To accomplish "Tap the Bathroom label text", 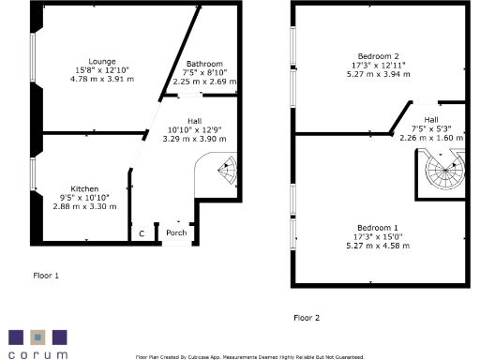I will (x=204, y=63).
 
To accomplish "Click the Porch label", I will (x=175, y=232).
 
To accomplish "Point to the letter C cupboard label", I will (x=142, y=232).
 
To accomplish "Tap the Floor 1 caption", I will (x=46, y=276).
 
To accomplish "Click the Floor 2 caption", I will (x=307, y=318).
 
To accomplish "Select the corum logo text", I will (x=37, y=355).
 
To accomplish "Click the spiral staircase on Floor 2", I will (x=444, y=172).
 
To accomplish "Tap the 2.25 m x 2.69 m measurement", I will (x=204, y=82).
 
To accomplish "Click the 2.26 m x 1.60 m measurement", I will (x=430, y=138).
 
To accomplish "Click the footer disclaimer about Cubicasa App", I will (x=249, y=356).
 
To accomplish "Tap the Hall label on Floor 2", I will (x=430, y=119).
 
